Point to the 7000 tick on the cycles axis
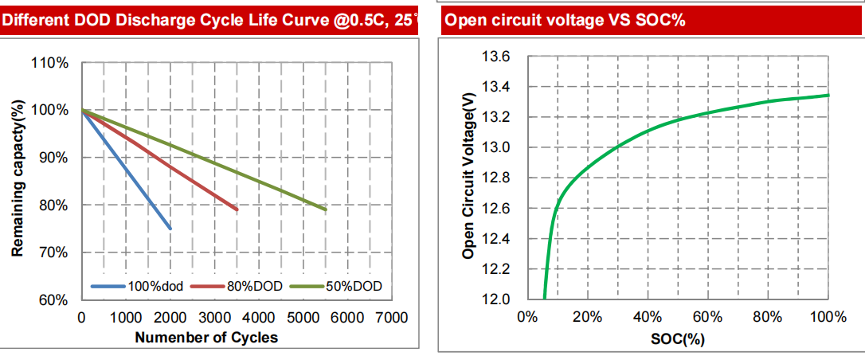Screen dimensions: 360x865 coord(390,318)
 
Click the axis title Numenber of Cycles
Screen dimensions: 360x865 coord(206,338)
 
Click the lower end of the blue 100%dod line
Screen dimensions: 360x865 coord(170,229)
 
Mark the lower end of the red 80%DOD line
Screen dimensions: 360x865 coord(237,209)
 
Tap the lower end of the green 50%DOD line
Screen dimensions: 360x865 coord(326,209)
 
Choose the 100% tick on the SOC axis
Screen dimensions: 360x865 coord(828,318)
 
